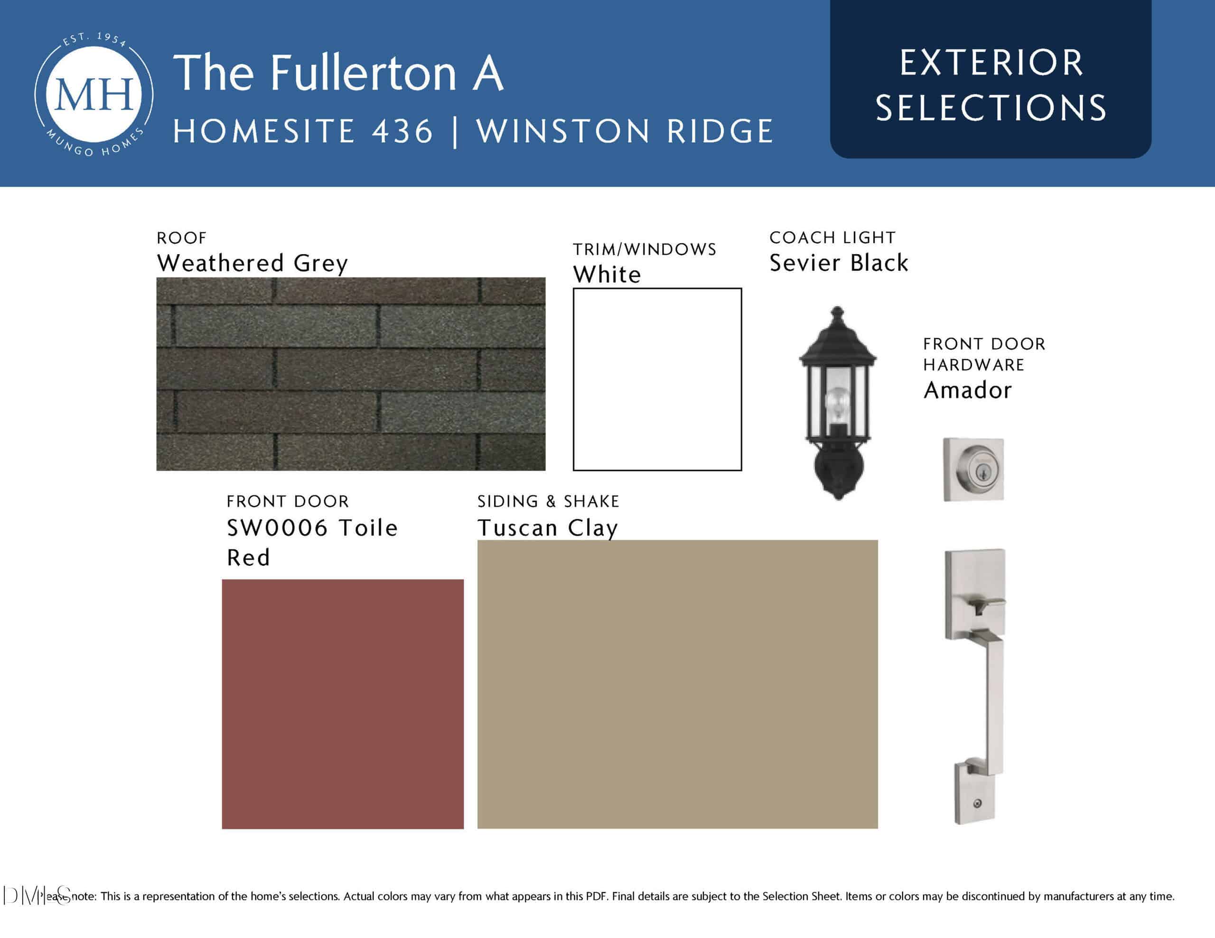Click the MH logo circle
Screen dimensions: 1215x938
(94, 94)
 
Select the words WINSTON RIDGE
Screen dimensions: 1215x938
(625, 132)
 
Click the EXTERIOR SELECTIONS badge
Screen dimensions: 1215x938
(991, 79)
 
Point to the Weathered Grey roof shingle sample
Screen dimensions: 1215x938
(350, 374)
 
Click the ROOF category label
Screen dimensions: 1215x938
(181, 238)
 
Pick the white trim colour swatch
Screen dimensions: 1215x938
(657, 379)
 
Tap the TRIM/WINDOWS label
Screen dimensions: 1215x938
(645, 249)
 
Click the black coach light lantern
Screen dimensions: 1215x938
(837, 403)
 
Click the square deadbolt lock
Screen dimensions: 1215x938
(973, 470)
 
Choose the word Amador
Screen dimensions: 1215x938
(967, 390)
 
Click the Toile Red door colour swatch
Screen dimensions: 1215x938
(343, 704)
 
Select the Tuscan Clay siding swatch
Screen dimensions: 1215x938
(678, 684)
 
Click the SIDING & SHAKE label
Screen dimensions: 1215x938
(548, 502)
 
